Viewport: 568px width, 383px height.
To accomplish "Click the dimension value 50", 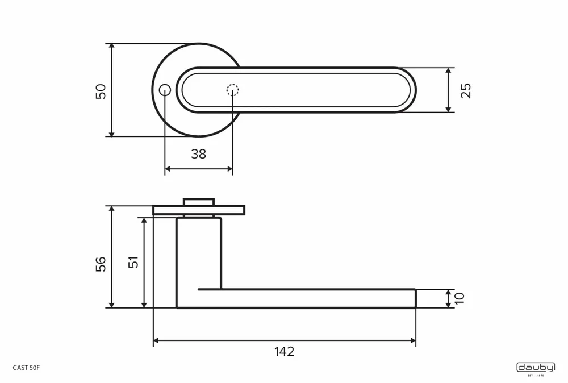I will point(101,91).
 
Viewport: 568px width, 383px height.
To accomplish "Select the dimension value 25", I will point(466,90).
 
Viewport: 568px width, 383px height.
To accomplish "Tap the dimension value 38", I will point(198,153).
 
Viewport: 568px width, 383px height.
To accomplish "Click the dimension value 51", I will point(133,263).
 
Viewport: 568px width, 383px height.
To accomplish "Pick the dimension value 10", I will point(460,298).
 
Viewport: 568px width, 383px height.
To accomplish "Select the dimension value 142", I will point(284,352).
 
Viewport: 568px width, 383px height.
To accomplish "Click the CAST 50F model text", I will point(26,368).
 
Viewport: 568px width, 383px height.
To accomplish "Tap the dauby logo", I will point(536,368).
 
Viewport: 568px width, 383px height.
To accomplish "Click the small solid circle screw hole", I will point(165,90).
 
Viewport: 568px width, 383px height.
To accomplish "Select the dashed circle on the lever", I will point(233,90).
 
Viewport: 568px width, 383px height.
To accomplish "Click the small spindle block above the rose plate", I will point(199,202).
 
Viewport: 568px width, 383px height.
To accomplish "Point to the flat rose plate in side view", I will point(199,210).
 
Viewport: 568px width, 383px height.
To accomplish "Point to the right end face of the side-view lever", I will point(415,298).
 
